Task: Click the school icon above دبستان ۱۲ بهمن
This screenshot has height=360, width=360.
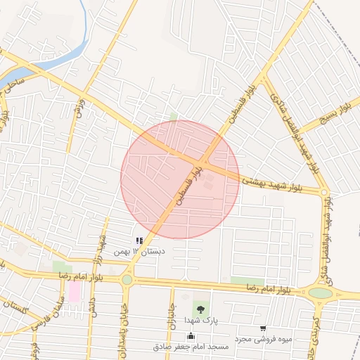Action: click(140, 240)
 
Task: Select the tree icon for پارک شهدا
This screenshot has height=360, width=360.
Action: click(201, 309)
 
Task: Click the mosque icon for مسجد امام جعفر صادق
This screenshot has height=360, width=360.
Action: click(191, 336)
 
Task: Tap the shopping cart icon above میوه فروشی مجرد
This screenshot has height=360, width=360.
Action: click(263, 328)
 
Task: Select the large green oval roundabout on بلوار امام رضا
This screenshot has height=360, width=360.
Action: click(320, 292)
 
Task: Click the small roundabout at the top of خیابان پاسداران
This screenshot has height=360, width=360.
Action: click(127, 280)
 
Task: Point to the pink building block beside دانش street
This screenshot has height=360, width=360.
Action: click(74, 292)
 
